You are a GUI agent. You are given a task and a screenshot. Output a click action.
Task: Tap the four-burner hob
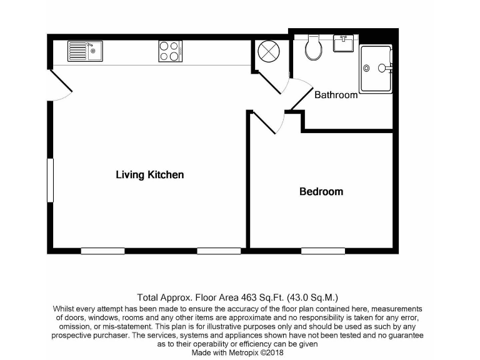click(169, 51)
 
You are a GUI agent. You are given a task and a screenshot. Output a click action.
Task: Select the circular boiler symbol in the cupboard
click(267, 52)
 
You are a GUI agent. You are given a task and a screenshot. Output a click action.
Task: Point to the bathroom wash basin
click(342, 44)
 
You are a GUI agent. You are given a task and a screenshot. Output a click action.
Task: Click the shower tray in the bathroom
click(375, 69)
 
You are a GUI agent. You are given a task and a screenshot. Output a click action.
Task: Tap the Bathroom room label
click(336, 95)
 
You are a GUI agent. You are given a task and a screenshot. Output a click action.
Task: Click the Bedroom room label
click(321, 192)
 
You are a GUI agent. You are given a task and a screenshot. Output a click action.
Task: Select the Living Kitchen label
click(150, 175)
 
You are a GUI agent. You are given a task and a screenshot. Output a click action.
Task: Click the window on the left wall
click(50, 180)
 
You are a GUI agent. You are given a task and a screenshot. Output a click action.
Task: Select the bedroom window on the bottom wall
click(323, 251)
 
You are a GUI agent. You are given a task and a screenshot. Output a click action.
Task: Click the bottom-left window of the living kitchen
click(102, 251)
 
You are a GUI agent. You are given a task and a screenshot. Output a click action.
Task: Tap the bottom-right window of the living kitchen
click(219, 251)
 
